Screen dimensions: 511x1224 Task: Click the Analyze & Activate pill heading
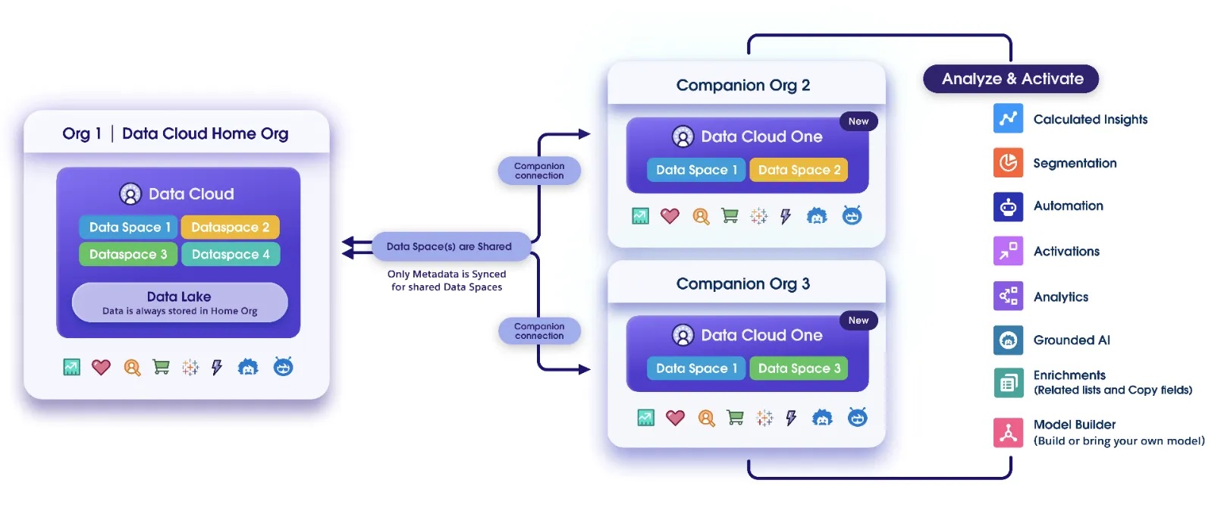pyautogui.click(x=1011, y=79)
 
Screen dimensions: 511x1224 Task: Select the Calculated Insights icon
pyautogui.click(x=1008, y=118)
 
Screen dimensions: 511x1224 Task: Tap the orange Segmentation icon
pyautogui.click(x=1008, y=162)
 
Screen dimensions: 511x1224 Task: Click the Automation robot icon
pyautogui.click(x=1008, y=206)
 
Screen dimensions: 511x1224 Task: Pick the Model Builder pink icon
pyautogui.click(x=1008, y=433)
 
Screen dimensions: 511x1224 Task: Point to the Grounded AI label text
pyautogui.click(x=1071, y=340)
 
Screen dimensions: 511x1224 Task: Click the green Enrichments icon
pyautogui.click(x=1008, y=383)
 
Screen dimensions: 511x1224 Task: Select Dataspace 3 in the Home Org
pyautogui.click(x=128, y=254)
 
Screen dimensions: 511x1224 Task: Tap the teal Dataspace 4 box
pyautogui.click(x=231, y=254)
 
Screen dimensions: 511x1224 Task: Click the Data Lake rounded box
pyautogui.click(x=180, y=303)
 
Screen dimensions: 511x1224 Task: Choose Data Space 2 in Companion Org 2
pyautogui.click(x=799, y=170)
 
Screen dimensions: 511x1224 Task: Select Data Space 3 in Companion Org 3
pyautogui.click(x=799, y=368)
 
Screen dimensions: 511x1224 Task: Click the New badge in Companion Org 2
pyautogui.click(x=858, y=121)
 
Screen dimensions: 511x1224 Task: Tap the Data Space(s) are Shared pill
pyautogui.click(x=449, y=246)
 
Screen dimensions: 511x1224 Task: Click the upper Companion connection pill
pyautogui.click(x=539, y=171)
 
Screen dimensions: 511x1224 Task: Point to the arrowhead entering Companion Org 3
pyautogui.click(x=585, y=369)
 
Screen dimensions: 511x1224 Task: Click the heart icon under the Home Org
pyautogui.click(x=101, y=368)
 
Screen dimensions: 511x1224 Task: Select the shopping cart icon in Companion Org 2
pyautogui.click(x=730, y=216)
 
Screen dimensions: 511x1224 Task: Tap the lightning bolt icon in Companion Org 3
pyautogui.click(x=791, y=418)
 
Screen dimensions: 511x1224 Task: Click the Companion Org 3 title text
pyautogui.click(x=742, y=284)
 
